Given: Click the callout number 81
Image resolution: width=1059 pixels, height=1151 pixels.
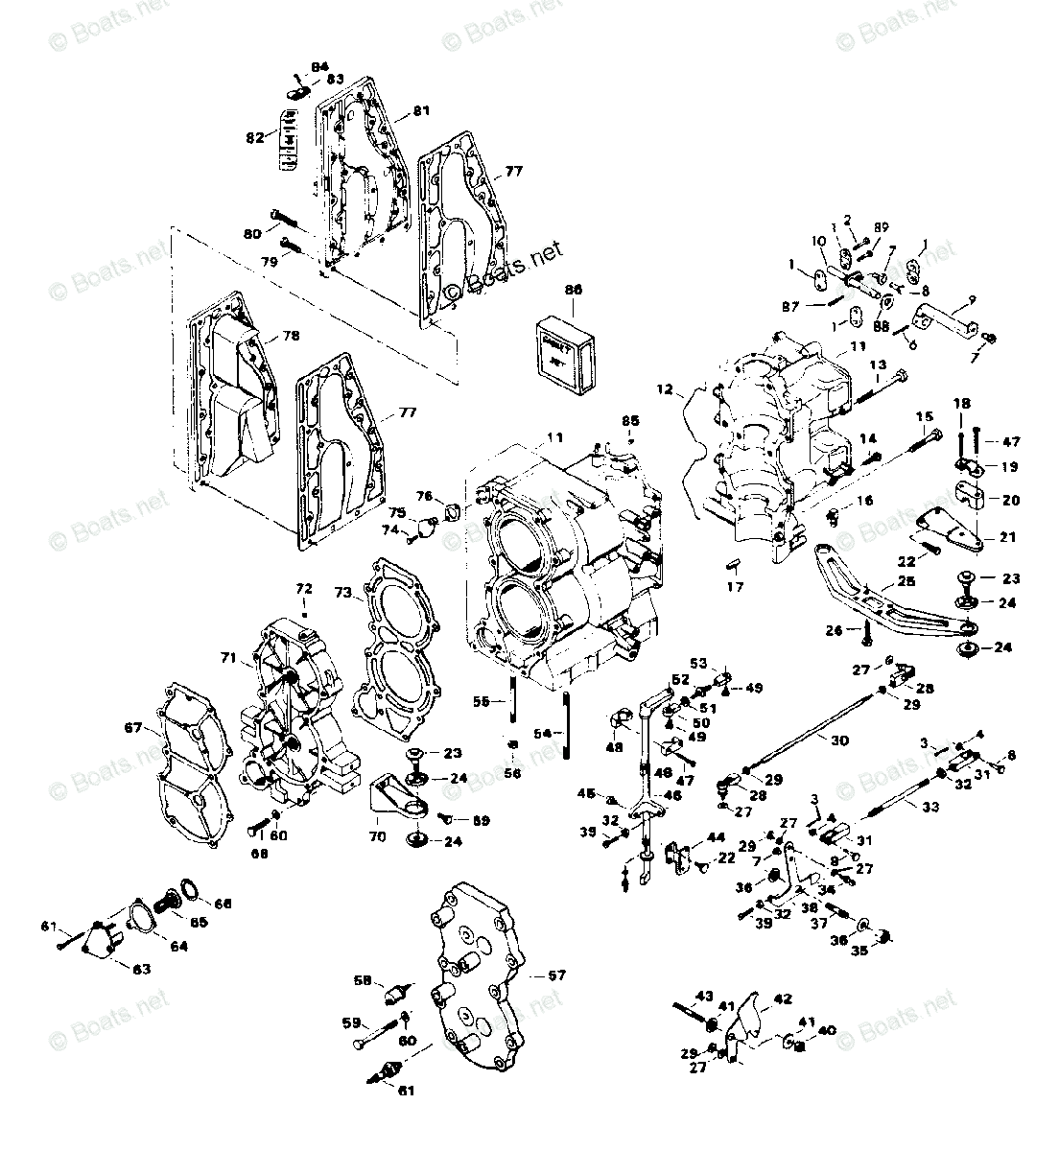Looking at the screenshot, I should coord(422,111).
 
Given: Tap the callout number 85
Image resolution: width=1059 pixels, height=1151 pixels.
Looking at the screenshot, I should coord(629,420).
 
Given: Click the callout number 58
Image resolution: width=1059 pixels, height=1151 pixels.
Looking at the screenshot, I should coord(362,980).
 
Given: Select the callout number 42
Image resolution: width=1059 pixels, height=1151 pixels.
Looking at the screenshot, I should coord(782,998).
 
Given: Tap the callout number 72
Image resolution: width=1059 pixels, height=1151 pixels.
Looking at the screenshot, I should coord(303,587).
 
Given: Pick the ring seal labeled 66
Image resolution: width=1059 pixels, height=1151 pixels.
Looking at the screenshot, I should coord(190,892).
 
